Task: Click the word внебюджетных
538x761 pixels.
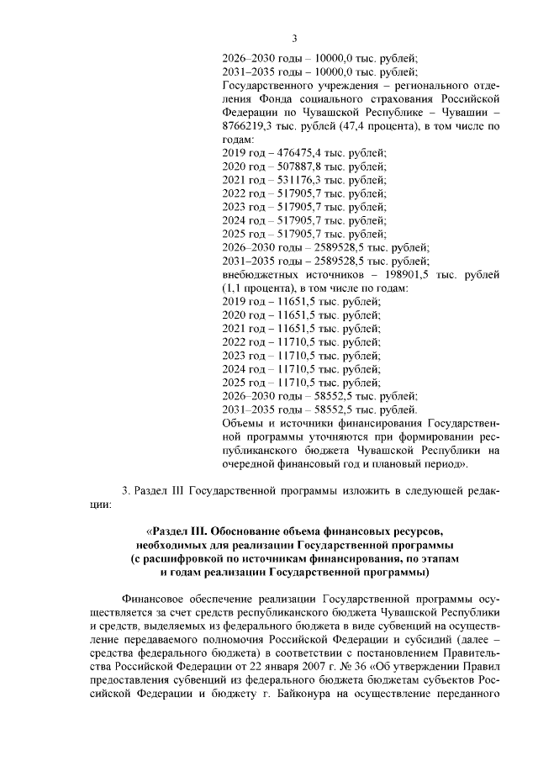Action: pos(260,274)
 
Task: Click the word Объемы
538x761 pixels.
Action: pos(244,422)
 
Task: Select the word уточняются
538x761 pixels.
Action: pos(319,436)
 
